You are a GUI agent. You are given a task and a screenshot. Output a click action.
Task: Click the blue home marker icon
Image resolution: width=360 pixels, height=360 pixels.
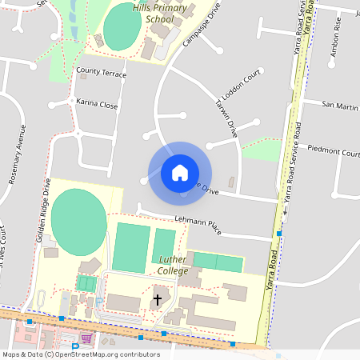click(x=179, y=172)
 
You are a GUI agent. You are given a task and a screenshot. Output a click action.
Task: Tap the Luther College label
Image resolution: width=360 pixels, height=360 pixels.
click(x=173, y=266)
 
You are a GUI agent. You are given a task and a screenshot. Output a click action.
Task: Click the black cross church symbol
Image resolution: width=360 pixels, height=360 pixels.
click(x=157, y=300)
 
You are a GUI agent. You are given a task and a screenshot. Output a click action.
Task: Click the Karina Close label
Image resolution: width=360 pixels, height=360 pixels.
click(x=97, y=104)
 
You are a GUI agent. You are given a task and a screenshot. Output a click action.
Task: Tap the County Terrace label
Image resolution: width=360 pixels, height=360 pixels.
click(x=102, y=73)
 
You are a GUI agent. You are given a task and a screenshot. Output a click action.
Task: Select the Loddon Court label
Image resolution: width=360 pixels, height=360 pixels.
click(x=241, y=83)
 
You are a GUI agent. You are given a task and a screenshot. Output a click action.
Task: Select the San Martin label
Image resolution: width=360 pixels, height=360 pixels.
click(x=340, y=105)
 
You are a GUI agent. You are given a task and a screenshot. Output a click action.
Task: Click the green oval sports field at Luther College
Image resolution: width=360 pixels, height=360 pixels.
click(x=78, y=219)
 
